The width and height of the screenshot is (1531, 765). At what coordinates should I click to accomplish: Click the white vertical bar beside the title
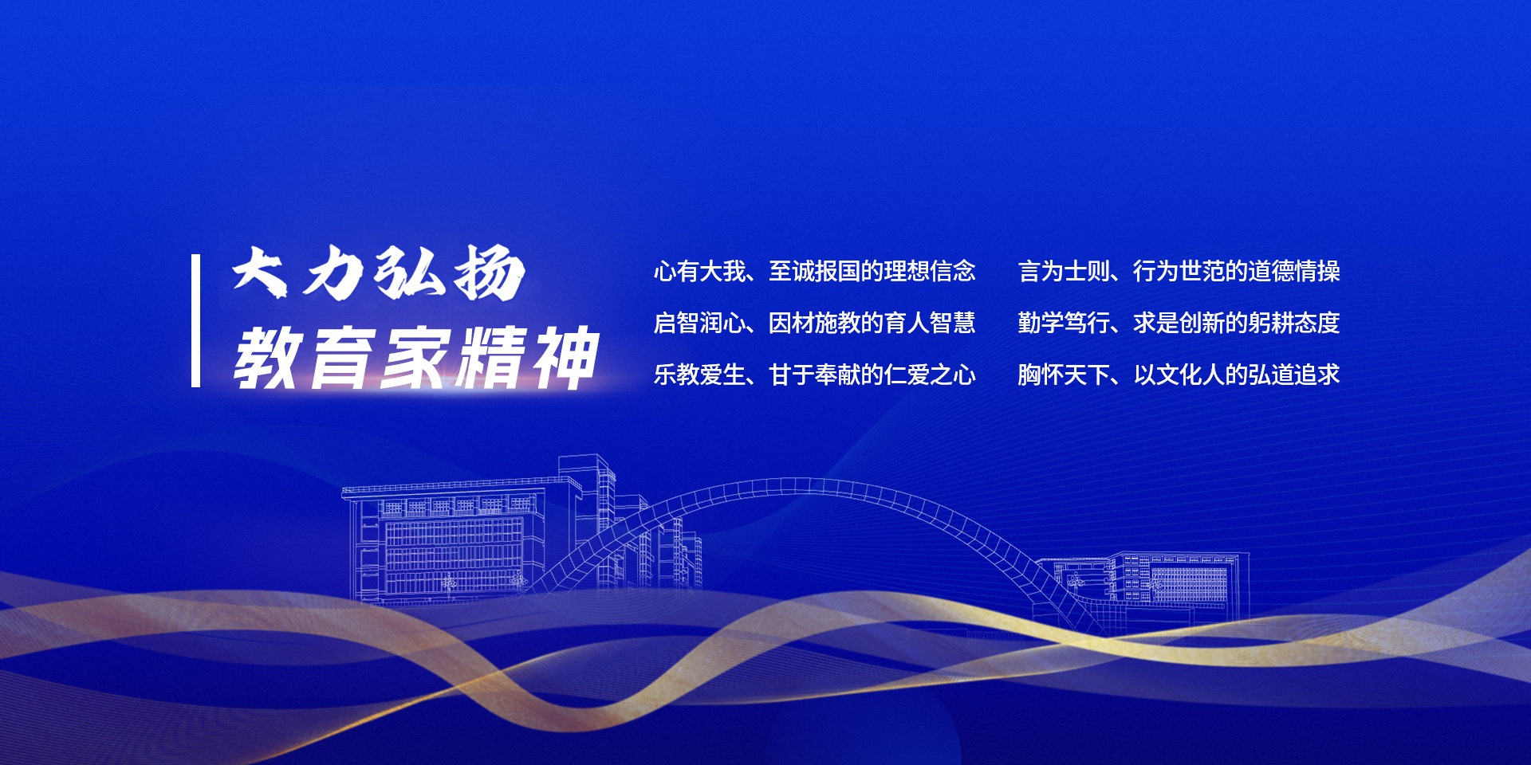pyautogui.click(x=195, y=321)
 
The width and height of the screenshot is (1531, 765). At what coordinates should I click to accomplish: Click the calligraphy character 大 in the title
pyautogui.click(x=260, y=272)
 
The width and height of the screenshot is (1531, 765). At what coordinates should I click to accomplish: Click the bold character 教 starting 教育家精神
pyautogui.click(x=267, y=359)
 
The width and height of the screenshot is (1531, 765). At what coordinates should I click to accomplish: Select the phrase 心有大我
pyautogui.click(x=700, y=271)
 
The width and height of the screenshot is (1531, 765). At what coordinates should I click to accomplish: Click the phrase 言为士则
pyautogui.click(x=1064, y=271)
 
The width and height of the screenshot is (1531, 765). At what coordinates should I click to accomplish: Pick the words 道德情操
pyautogui.click(x=1294, y=271)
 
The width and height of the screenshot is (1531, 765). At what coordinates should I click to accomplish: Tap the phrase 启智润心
pyautogui.click(x=700, y=323)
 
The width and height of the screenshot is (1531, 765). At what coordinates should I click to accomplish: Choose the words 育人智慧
pyautogui.click(x=930, y=323)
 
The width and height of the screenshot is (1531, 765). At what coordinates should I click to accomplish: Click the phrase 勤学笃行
pyautogui.click(x=1064, y=323)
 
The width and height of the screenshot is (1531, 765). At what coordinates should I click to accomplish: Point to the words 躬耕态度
pyautogui.click(x=1294, y=323)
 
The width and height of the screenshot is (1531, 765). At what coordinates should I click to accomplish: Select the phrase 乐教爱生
pyautogui.click(x=700, y=375)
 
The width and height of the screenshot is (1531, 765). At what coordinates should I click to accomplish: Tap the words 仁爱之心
pyautogui.click(x=930, y=375)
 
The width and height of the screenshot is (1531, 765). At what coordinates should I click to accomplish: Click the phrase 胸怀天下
pyautogui.click(x=1064, y=375)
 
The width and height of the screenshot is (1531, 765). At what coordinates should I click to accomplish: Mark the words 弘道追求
pyautogui.click(x=1294, y=375)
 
